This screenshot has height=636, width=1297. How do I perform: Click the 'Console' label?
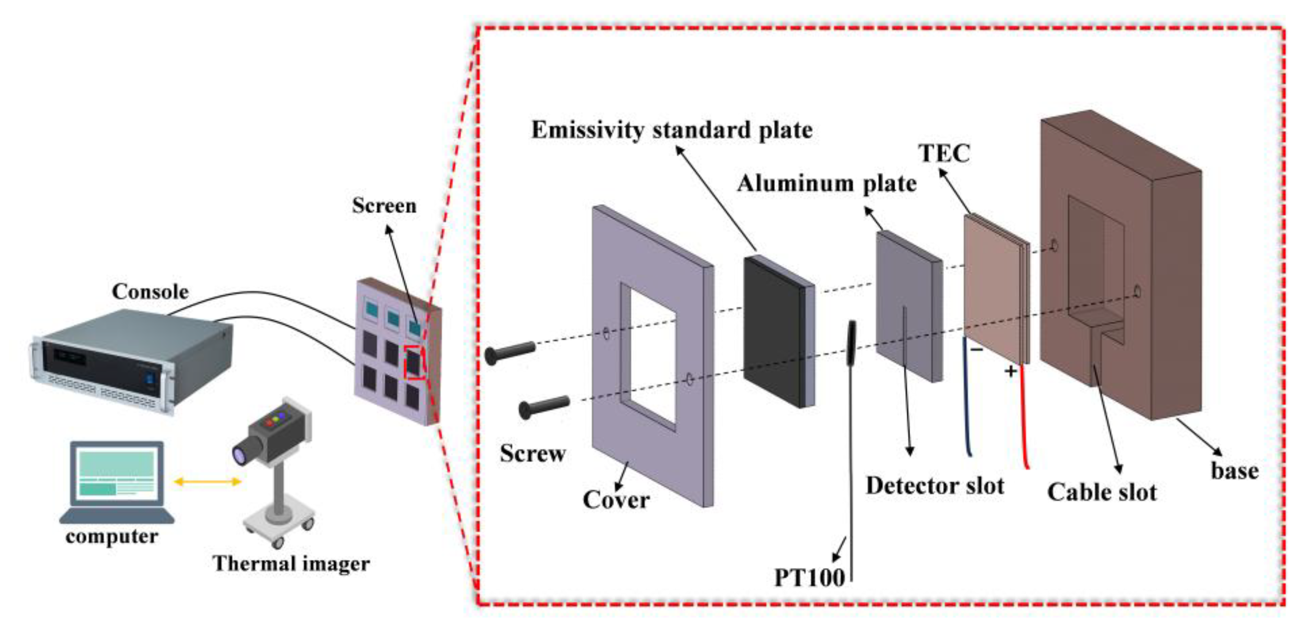150,291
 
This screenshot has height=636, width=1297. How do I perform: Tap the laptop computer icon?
117,481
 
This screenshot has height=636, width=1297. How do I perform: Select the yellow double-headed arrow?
207,482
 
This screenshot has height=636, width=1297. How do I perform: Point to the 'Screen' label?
384,205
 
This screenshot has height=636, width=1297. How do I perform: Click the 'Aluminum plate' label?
826,183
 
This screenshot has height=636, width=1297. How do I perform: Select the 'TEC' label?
944,154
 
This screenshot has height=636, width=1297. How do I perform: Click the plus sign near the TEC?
1010,372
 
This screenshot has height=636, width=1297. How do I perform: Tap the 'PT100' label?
809,577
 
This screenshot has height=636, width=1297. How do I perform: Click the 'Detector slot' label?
934,486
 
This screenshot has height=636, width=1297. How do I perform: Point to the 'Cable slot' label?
1102,492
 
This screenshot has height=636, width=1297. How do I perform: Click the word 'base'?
1234,471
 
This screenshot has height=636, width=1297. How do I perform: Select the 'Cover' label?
616,500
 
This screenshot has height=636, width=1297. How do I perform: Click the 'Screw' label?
532,453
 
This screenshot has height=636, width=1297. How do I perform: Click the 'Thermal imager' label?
291,563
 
